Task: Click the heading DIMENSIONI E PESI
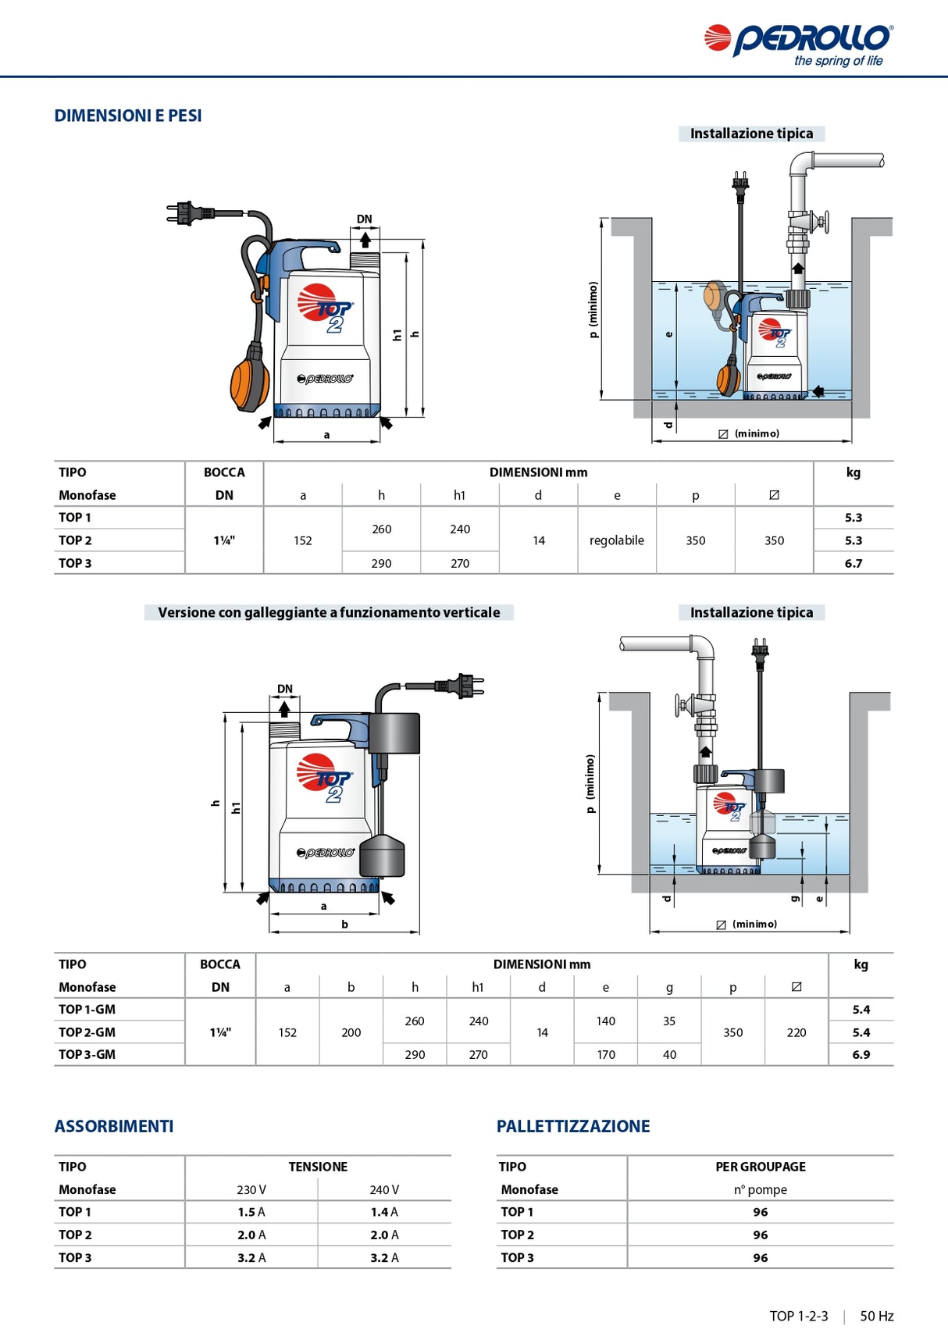(x=128, y=116)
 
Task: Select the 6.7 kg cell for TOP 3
(x=853, y=563)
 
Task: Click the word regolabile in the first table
(x=616, y=540)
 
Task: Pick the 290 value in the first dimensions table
(x=381, y=563)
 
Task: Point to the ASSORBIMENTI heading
(x=114, y=1126)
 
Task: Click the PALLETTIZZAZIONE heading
(x=573, y=1126)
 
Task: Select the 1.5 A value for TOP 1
(x=251, y=1212)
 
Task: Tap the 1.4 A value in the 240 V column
(x=384, y=1212)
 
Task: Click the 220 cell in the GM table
(x=797, y=1032)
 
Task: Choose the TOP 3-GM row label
(x=87, y=1054)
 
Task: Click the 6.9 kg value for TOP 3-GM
(x=861, y=1054)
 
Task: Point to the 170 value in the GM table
(x=606, y=1054)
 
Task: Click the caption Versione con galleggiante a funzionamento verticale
(x=329, y=612)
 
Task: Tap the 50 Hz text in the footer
(x=876, y=1316)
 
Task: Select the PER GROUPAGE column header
(x=761, y=1167)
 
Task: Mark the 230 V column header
(x=251, y=1189)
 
